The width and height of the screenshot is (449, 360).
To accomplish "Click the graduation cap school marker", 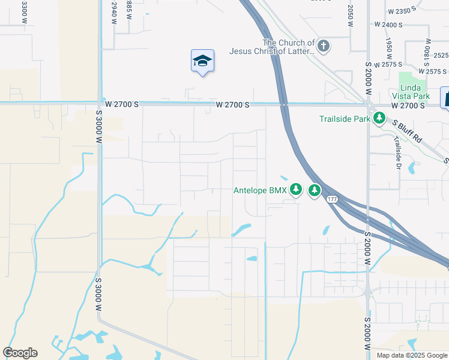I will [202, 61].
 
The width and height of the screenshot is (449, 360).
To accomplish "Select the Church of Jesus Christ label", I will [272, 47].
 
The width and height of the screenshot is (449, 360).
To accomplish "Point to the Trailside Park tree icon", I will [379, 119].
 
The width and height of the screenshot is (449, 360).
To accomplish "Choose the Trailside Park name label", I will [345, 119].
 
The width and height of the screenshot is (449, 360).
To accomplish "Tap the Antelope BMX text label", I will [261, 191].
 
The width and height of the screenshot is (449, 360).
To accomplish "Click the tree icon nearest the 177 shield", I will [314, 191].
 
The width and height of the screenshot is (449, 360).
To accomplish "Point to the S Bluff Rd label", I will [408, 132].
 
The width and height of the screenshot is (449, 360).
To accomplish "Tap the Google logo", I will [20, 353].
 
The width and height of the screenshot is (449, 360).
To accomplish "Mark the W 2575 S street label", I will [387, 64].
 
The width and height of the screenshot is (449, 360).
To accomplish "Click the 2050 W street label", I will [349, 17].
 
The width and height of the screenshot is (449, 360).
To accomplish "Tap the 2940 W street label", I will [113, 12].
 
